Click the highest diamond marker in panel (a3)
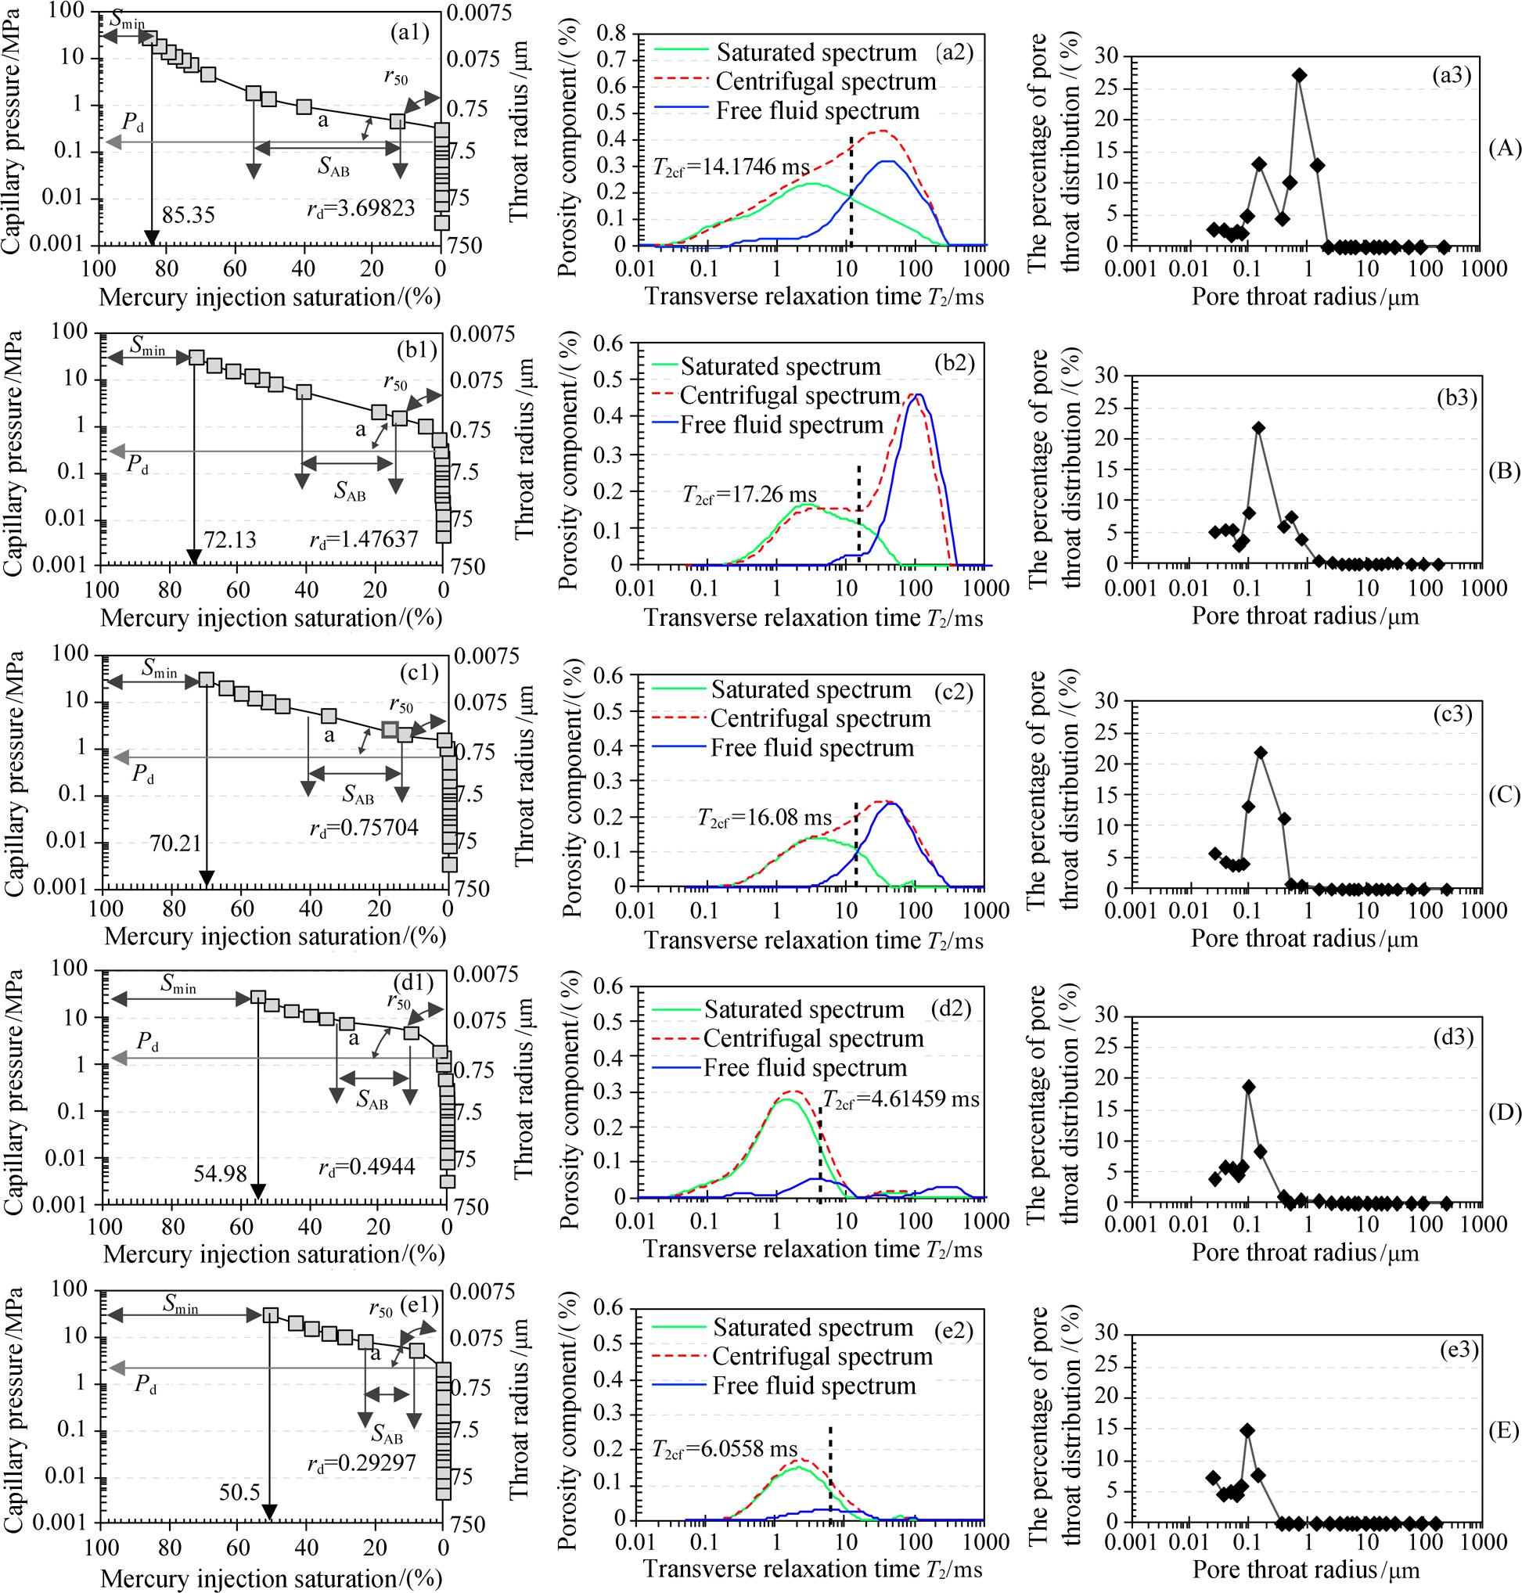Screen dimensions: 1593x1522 click(1299, 75)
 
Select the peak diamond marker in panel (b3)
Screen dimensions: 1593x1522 click(1258, 427)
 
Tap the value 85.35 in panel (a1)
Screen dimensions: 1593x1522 click(189, 215)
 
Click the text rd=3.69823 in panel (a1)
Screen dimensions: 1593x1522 click(361, 208)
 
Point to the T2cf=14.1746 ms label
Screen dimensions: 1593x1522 click(731, 167)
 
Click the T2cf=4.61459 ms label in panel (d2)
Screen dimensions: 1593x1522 click(901, 1099)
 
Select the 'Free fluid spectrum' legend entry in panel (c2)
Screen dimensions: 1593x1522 click(811, 748)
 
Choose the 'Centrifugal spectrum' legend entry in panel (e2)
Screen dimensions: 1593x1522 click(822, 1356)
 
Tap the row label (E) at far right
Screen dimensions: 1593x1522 click(1503, 1431)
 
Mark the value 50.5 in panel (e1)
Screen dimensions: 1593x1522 click(239, 1491)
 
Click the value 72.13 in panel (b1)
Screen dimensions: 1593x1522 click(230, 539)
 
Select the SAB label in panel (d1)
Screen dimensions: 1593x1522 click(372, 1101)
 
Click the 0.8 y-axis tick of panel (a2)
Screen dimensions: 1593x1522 click(612, 34)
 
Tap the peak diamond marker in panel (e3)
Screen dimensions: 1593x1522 click(1248, 1431)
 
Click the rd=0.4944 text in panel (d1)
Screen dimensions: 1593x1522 click(367, 1167)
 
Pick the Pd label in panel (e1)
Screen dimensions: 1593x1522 click(146, 1384)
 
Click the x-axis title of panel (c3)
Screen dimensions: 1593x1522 click(1304, 938)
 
